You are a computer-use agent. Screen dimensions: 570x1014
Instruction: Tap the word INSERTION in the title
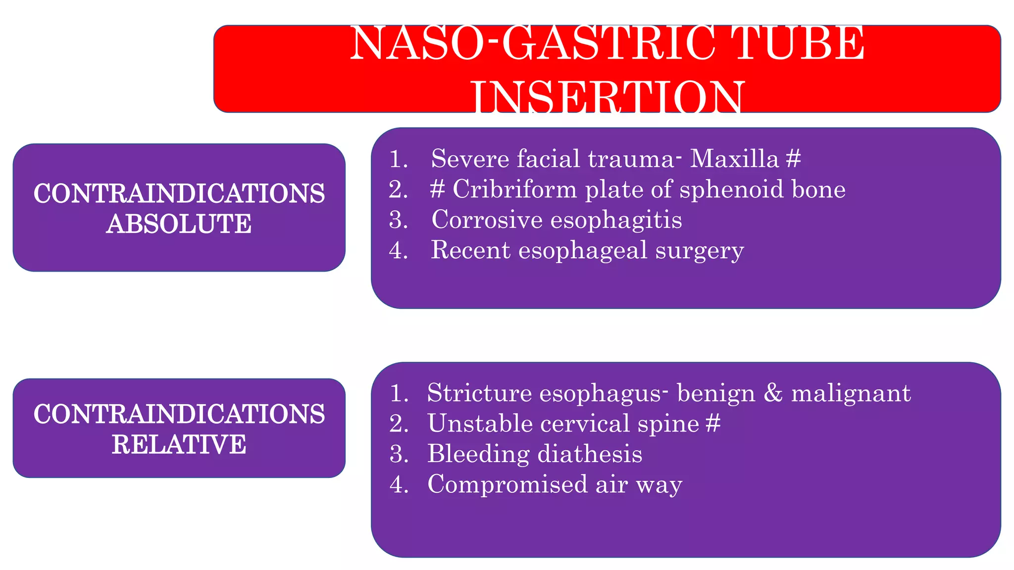(607, 97)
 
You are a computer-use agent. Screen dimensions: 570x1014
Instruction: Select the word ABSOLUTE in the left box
(179, 224)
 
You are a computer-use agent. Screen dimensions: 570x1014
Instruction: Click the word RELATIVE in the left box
(179, 444)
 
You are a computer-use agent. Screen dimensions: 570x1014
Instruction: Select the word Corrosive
(487, 220)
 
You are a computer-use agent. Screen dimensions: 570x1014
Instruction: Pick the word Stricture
(479, 393)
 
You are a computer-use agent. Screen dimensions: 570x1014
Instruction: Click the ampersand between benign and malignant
(773, 393)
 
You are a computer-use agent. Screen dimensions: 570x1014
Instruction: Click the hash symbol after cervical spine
(712, 424)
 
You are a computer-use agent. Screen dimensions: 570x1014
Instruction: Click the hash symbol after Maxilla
(793, 159)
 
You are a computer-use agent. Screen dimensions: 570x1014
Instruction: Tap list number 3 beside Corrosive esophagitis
(398, 220)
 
